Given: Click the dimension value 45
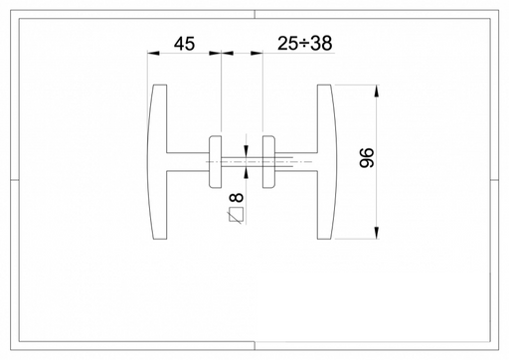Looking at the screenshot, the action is point(185,44).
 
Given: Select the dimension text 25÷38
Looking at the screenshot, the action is point(304,44).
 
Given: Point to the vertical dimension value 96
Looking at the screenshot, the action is point(367,158).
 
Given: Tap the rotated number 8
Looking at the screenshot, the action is point(237,198).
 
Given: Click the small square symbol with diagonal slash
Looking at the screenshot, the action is point(236,215).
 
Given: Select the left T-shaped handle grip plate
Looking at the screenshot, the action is point(157,162).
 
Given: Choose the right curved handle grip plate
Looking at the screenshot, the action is point(327,162).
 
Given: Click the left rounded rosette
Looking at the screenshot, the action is point(215,162).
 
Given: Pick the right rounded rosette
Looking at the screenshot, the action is point(268,162).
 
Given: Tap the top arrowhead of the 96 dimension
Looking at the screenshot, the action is point(377,90).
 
